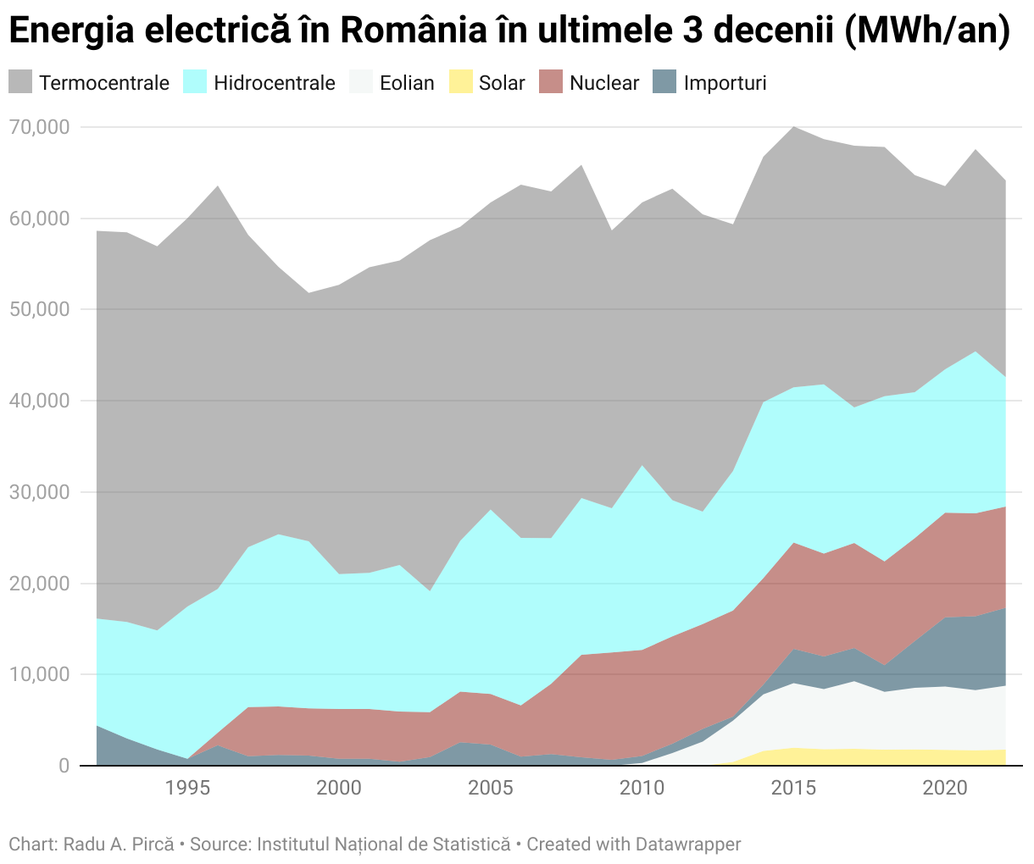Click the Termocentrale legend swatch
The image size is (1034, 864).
tap(20, 82)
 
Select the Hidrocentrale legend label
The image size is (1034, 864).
tap(274, 83)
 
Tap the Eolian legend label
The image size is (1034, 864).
tap(407, 83)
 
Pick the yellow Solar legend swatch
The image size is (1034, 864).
tap(459, 82)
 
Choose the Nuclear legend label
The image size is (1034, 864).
tap(603, 83)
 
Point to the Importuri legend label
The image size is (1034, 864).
tap(725, 83)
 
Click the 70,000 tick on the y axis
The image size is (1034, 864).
tap(40, 128)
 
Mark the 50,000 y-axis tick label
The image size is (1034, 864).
tap(40, 310)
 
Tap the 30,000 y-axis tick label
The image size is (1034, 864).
tap(40, 493)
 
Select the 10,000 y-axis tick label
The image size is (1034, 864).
tap(40, 675)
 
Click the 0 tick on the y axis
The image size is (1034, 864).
tap(64, 766)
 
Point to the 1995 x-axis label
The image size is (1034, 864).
tap(187, 789)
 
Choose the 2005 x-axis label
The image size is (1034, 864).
tap(491, 789)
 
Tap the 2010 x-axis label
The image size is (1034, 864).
tap(642, 789)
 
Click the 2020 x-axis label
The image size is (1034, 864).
tap(945, 789)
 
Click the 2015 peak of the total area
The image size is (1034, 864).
tap(793, 127)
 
